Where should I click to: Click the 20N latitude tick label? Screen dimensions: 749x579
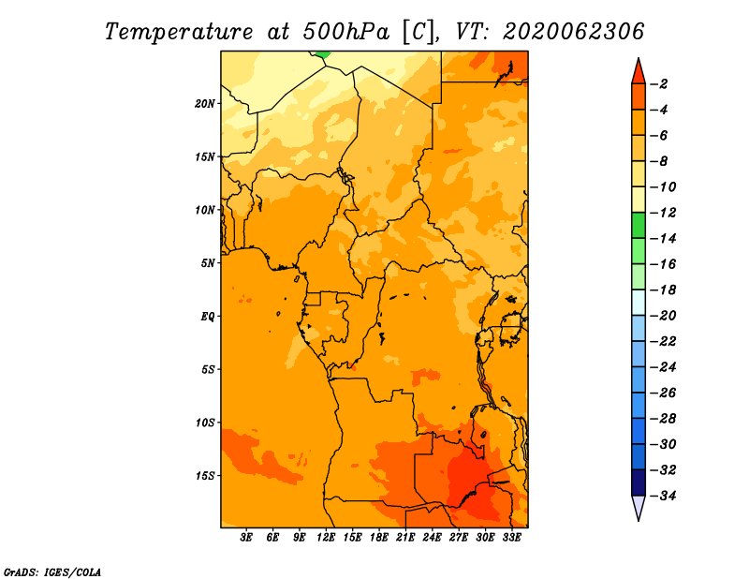click(205, 104)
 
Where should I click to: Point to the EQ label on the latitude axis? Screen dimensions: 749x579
click(208, 317)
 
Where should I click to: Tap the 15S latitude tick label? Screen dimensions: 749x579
click(205, 476)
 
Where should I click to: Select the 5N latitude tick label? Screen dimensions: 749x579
click(208, 263)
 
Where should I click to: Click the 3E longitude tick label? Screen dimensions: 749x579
click(246, 537)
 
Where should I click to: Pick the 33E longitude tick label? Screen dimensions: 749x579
click(511, 537)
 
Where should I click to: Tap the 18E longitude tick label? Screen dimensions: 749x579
click(379, 537)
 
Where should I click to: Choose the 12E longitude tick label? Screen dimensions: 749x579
click(326, 537)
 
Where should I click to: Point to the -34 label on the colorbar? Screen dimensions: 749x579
click(663, 496)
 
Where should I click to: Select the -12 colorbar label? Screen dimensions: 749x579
click(663, 213)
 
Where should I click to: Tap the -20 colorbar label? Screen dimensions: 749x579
click(663, 316)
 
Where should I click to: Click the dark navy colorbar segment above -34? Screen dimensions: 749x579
click(639, 482)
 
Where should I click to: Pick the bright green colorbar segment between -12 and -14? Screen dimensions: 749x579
click(639, 225)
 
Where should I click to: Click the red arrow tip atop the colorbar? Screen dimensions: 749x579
click(639, 58)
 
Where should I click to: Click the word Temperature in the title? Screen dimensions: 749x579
click(179, 33)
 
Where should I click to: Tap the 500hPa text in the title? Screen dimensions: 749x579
click(346, 32)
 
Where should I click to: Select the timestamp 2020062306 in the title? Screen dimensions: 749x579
click(574, 32)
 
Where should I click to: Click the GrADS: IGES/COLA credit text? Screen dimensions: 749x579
click(52, 572)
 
